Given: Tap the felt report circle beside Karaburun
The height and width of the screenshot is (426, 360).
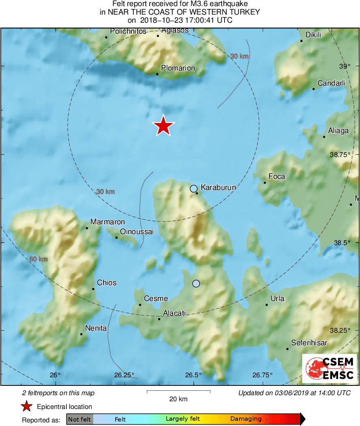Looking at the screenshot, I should (x=194, y=188).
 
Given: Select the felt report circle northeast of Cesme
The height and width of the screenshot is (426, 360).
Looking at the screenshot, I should (x=196, y=284).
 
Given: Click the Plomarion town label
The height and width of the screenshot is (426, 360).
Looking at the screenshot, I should (x=178, y=68).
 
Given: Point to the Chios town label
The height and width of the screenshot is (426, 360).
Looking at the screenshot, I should (x=107, y=283).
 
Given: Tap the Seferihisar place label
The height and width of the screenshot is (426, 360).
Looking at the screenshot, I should (x=309, y=343).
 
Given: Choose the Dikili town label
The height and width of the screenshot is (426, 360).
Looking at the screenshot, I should (x=313, y=35).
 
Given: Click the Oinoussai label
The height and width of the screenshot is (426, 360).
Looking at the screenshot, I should (x=137, y=232).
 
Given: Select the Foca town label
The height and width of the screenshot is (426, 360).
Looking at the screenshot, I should (x=277, y=176).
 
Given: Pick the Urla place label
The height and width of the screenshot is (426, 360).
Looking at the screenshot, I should (x=277, y=299).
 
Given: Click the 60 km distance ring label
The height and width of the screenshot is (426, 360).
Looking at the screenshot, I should (x=38, y=259).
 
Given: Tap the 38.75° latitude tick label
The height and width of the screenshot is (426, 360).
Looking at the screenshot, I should (x=339, y=155).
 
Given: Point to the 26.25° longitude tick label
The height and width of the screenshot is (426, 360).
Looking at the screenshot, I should (x=124, y=374).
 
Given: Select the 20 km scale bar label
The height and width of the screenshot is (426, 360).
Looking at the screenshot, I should (x=178, y=399).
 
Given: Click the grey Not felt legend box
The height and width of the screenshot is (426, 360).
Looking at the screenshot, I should (x=80, y=419).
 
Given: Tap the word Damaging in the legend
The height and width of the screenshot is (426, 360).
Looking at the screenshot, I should (x=246, y=419).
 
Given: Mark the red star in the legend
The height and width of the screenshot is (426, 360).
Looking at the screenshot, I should (x=27, y=407).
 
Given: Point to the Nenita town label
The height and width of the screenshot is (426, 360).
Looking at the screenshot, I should (x=96, y=328).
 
